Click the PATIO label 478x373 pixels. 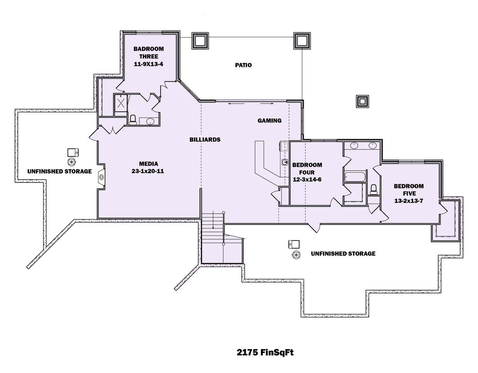pyautogui.click(x=243, y=65)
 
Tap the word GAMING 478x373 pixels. pyautogui.click(x=269, y=120)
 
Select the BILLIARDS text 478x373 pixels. pyautogui.click(x=205, y=140)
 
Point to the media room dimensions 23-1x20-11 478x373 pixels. pyautogui.click(x=148, y=171)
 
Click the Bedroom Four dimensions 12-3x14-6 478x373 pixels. pyautogui.click(x=307, y=180)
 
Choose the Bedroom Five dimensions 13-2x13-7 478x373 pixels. pyautogui.click(x=409, y=201)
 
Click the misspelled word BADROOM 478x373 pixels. pyautogui.click(x=148, y=49)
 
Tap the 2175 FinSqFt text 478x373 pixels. pyautogui.click(x=265, y=353)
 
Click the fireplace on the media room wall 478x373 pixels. pyautogui.click(x=101, y=177)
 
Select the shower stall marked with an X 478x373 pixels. pyautogui.click(x=121, y=103)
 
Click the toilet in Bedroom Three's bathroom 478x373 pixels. pyautogui.click(x=133, y=120)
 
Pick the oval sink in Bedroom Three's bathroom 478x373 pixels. pyautogui.click(x=150, y=121)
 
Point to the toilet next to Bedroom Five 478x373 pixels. pyautogui.click(x=373, y=189)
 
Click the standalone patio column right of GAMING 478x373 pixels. pyautogui.click(x=362, y=102)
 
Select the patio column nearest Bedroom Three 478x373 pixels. pyautogui.click(x=200, y=41)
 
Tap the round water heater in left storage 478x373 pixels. pyautogui.click(x=72, y=162)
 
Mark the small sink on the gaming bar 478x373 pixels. pyautogui.click(x=284, y=162)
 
